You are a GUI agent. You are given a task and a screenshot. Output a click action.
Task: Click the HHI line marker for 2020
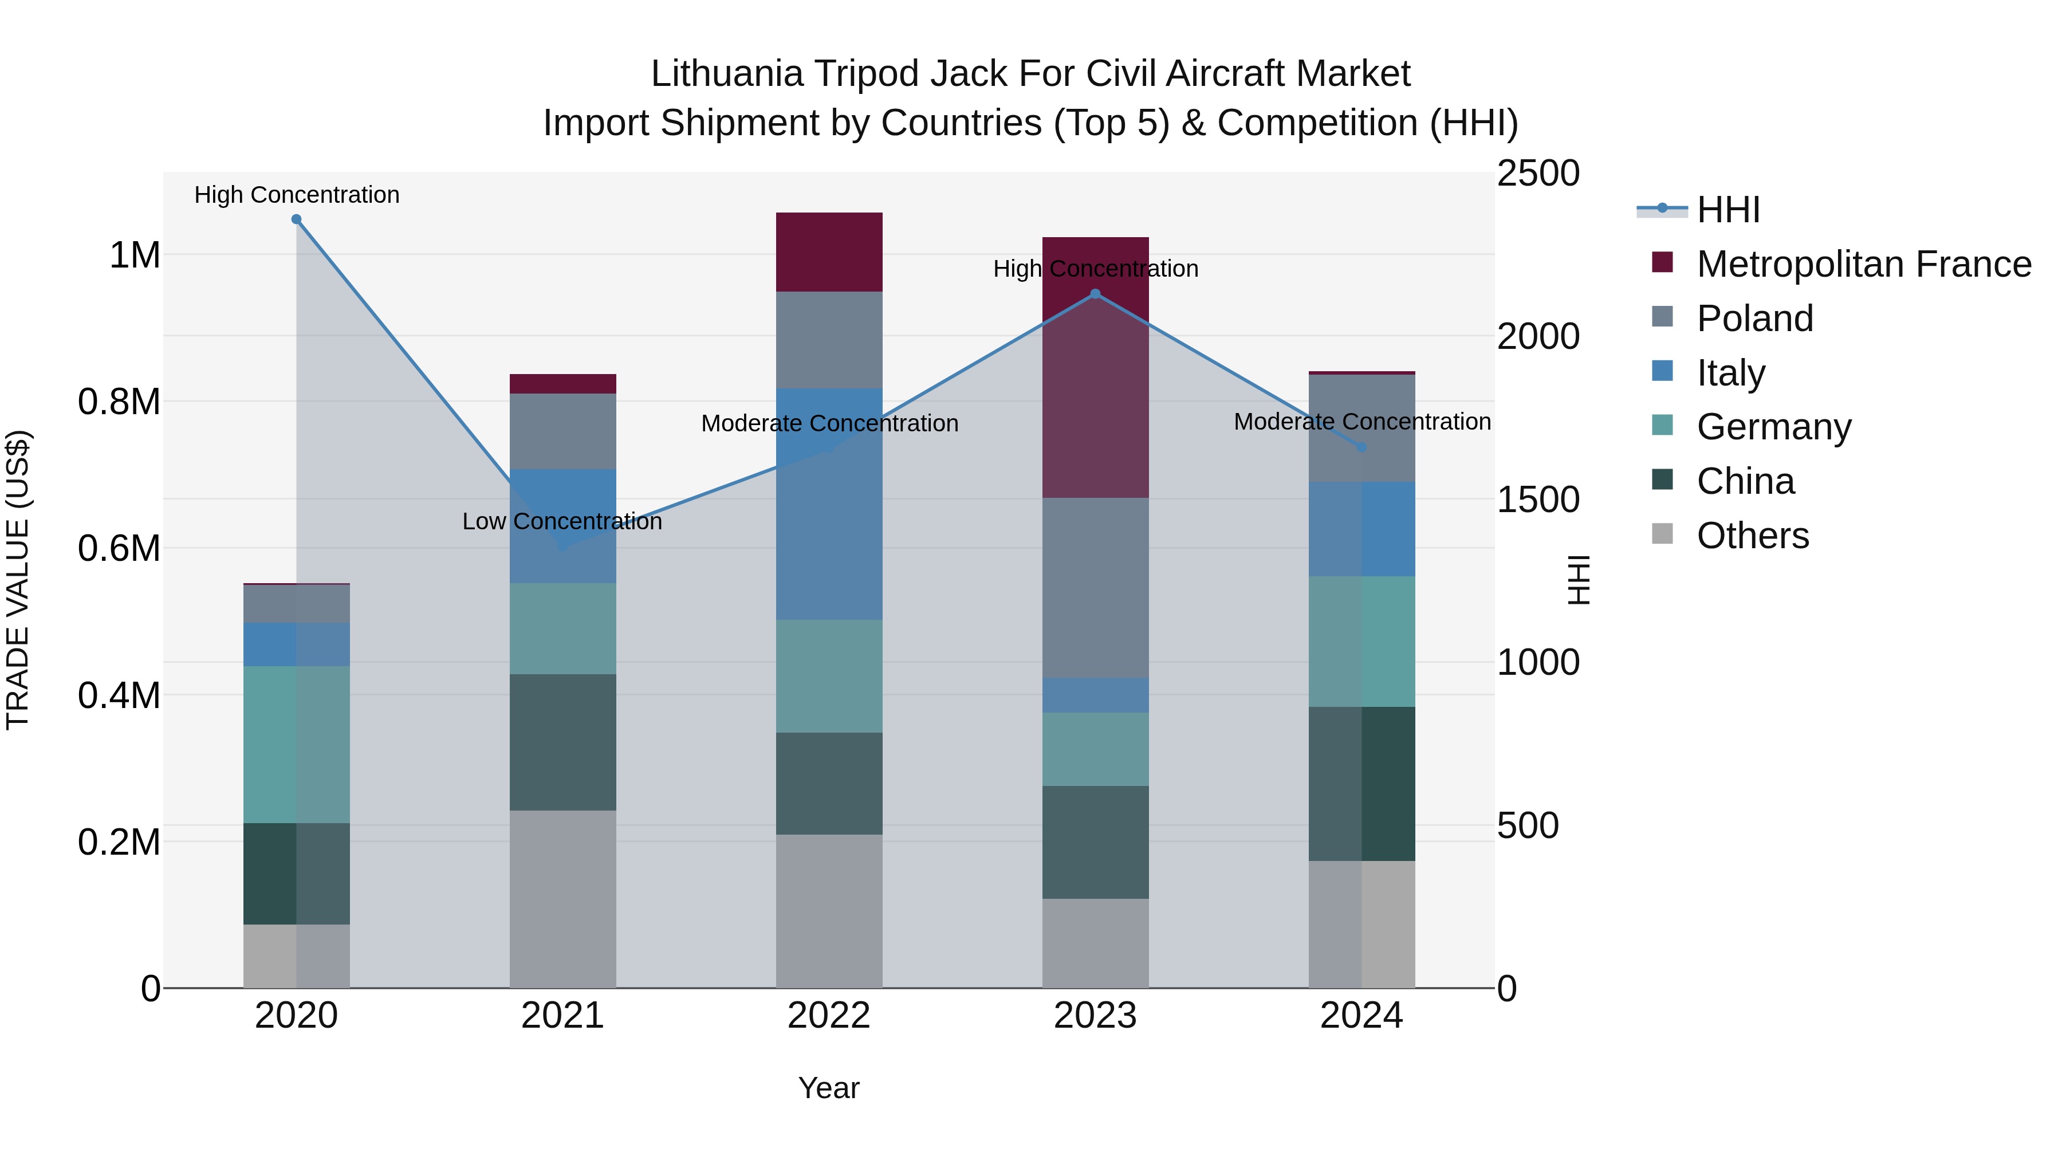pyautogui.click(x=296, y=219)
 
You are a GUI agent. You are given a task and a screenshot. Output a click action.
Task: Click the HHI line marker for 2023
pyautogui.click(x=1095, y=294)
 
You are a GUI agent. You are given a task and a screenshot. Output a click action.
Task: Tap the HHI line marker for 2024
pyautogui.click(x=1361, y=447)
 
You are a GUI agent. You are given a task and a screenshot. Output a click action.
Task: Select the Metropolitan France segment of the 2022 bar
pyautogui.click(x=829, y=252)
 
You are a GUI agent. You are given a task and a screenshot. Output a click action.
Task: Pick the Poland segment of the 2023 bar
pyautogui.click(x=1095, y=588)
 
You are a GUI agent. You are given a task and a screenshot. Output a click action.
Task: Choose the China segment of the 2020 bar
pyautogui.click(x=296, y=874)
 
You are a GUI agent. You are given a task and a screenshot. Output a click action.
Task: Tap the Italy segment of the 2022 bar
pyautogui.click(x=829, y=504)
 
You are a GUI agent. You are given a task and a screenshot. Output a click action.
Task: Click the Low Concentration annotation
pyautogui.click(x=562, y=521)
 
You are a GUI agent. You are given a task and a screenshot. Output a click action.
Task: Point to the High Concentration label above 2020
pyautogui.click(x=296, y=195)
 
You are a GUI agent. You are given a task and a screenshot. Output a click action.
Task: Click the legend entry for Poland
pyautogui.click(x=1754, y=318)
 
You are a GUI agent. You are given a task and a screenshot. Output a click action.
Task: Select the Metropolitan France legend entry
pyautogui.click(x=1863, y=264)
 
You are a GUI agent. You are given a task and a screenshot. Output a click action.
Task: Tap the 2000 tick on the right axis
pyautogui.click(x=1538, y=336)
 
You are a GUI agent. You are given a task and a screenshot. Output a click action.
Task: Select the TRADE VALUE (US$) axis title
pyautogui.click(x=18, y=580)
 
